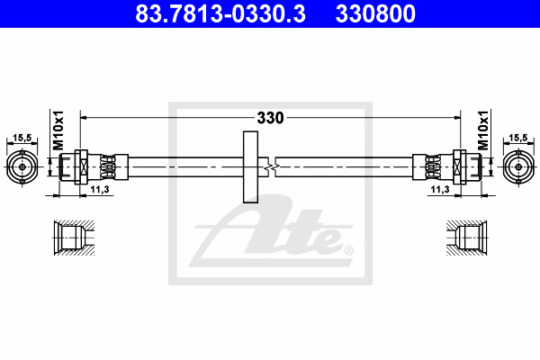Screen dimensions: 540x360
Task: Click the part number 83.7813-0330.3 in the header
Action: (220, 13)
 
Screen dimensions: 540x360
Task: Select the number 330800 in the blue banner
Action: (375, 13)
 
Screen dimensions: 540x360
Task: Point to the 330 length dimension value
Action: (270, 118)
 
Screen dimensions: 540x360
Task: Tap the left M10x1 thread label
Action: (58, 130)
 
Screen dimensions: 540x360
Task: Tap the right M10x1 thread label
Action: (482, 130)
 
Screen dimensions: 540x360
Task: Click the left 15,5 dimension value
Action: (22, 138)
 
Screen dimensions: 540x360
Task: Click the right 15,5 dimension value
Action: (518, 138)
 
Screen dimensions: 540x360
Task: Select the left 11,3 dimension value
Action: (100, 189)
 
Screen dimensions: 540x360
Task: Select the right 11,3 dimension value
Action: (440, 189)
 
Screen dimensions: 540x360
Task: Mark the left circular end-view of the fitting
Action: (22, 167)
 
